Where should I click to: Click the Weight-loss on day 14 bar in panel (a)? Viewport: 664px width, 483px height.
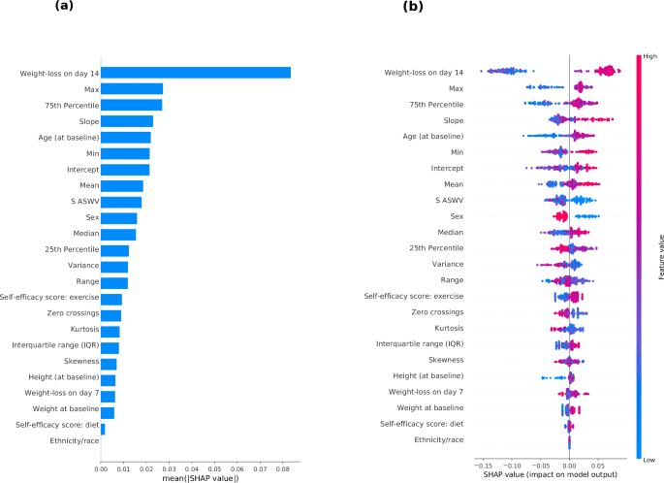(194, 73)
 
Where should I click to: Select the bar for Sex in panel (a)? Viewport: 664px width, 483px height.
(118, 218)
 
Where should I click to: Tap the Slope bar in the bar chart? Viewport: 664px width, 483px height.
(126, 121)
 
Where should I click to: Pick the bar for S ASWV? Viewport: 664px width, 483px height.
(120, 202)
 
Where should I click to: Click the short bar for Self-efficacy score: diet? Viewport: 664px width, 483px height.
(103, 427)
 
